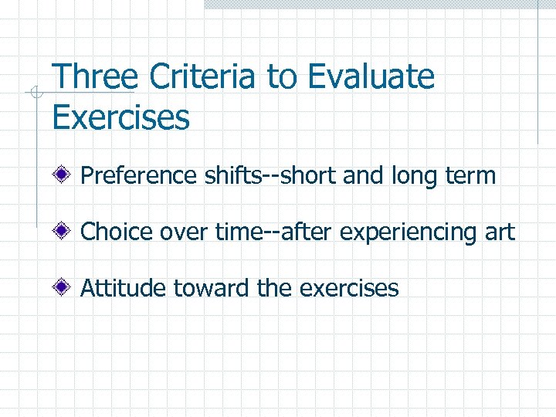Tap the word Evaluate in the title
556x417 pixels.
point(371,77)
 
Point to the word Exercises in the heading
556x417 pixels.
point(120,118)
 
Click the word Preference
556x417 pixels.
point(139,176)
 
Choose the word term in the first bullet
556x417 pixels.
point(467,176)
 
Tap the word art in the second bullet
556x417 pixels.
point(500,232)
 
